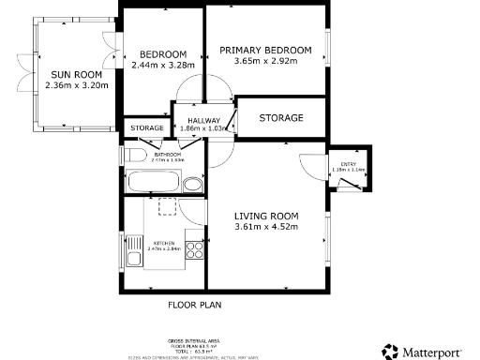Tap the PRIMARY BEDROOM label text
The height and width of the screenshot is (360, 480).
click(x=265, y=50)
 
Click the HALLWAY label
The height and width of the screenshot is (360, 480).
click(x=203, y=121)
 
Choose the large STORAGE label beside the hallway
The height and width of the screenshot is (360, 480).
click(x=281, y=118)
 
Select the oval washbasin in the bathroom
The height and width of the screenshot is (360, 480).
click(x=192, y=184)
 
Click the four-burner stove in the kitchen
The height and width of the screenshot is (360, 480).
click(x=195, y=250)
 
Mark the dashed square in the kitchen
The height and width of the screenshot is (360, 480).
click(x=167, y=206)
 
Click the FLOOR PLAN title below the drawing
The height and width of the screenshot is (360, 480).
click(x=194, y=305)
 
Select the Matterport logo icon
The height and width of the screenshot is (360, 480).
click(x=390, y=352)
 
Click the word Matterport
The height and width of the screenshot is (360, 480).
click(x=439, y=352)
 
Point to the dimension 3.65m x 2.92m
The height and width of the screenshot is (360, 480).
click(x=265, y=62)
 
